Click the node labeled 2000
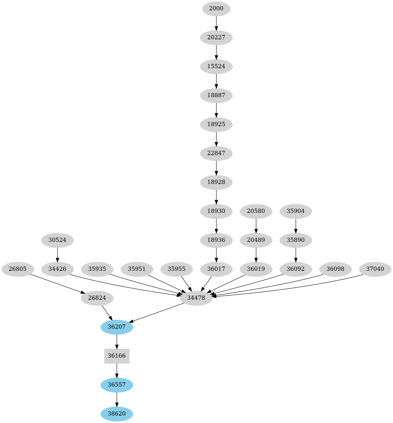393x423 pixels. [x=216, y=9]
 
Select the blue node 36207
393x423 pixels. [x=117, y=327]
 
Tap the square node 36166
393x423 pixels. [x=117, y=356]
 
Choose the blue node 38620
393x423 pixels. [x=117, y=414]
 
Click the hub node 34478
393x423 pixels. [x=196, y=298]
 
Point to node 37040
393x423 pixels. [x=375, y=269]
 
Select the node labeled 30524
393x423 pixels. [x=57, y=240]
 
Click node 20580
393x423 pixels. [x=256, y=211]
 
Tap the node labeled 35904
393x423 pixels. [x=296, y=211]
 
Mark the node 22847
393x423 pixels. [x=216, y=153]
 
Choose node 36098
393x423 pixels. [x=335, y=269]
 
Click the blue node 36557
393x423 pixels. [x=117, y=385]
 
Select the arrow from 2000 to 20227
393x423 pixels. [x=216, y=23]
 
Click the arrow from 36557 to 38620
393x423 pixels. [x=117, y=399]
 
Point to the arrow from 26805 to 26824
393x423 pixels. [x=56, y=283]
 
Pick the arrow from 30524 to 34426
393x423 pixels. [x=57, y=255]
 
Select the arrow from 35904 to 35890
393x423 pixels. [x=296, y=226]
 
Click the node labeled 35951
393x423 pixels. [x=137, y=269]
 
